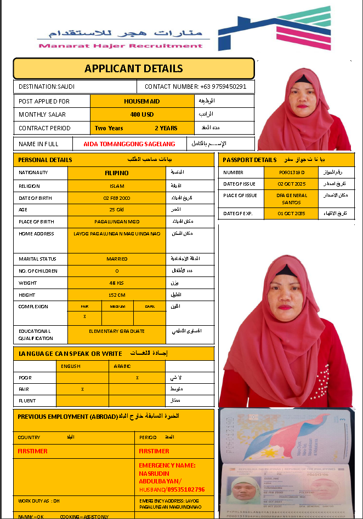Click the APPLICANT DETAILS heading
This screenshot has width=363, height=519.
click(x=134, y=68)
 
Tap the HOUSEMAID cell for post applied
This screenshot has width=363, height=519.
click(x=142, y=101)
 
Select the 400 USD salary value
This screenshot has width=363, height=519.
click(x=142, y=114)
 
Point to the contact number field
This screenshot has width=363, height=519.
click(x=195, y=86)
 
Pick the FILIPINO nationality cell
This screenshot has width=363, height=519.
click(x=117, y=173)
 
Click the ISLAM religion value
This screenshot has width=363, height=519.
click(x=117, y=186)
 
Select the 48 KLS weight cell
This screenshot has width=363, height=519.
click(x=117, y=282)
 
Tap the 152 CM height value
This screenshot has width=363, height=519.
click(x=117, y=295)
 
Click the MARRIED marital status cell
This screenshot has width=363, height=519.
click(x=117, y=259)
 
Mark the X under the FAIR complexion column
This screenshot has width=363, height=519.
click(x=84, y=316)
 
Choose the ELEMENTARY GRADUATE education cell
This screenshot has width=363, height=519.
click(x=117, y=331)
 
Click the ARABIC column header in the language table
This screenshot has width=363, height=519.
click(x=122, y=366)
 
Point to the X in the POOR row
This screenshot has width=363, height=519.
click(x=137, y=378)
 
